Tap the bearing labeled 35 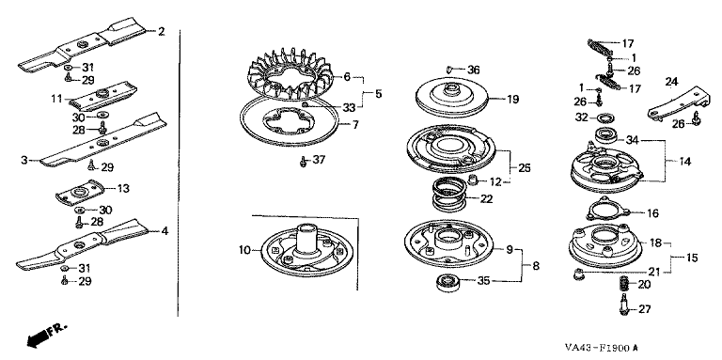[x=447, y=282]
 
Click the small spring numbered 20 [x=623, y=285]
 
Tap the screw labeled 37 [x=303, y=161]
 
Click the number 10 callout [x=245, y=250]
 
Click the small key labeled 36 [x=450, y=69]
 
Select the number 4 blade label [x=165, y=230]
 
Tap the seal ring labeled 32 [x=604, y=118]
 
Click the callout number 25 [x=525, y=167]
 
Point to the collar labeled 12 [x=473, y=180]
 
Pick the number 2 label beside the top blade [x=161, y=31]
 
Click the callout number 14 [x=685, y=162]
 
